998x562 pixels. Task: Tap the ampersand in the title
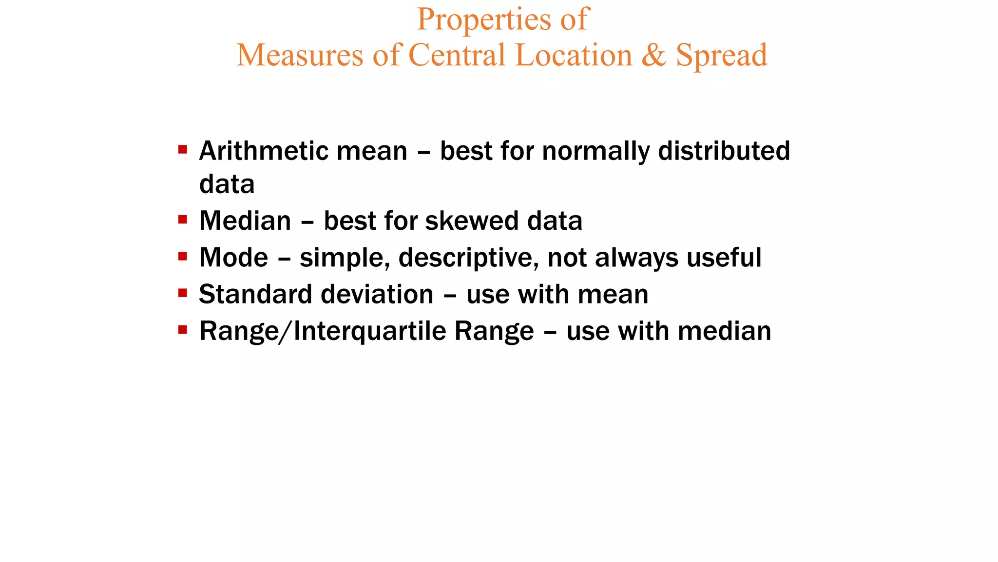coord(653,55)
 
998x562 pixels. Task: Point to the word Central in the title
coord(457,55)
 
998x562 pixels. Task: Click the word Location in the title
coord(574,55)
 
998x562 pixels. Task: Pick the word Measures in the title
coord(300,55)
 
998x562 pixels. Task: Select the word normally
coord(596,152)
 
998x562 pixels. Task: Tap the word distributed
coord(724,151)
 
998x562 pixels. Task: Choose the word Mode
coord(234,258)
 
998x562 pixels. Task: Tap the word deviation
coord(377,294)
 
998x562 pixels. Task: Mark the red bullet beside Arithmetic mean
coord(183,149)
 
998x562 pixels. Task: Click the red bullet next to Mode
coord(183,256)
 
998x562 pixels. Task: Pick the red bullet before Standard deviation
coord(183,293)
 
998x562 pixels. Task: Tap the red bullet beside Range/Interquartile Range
coord(183,330)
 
